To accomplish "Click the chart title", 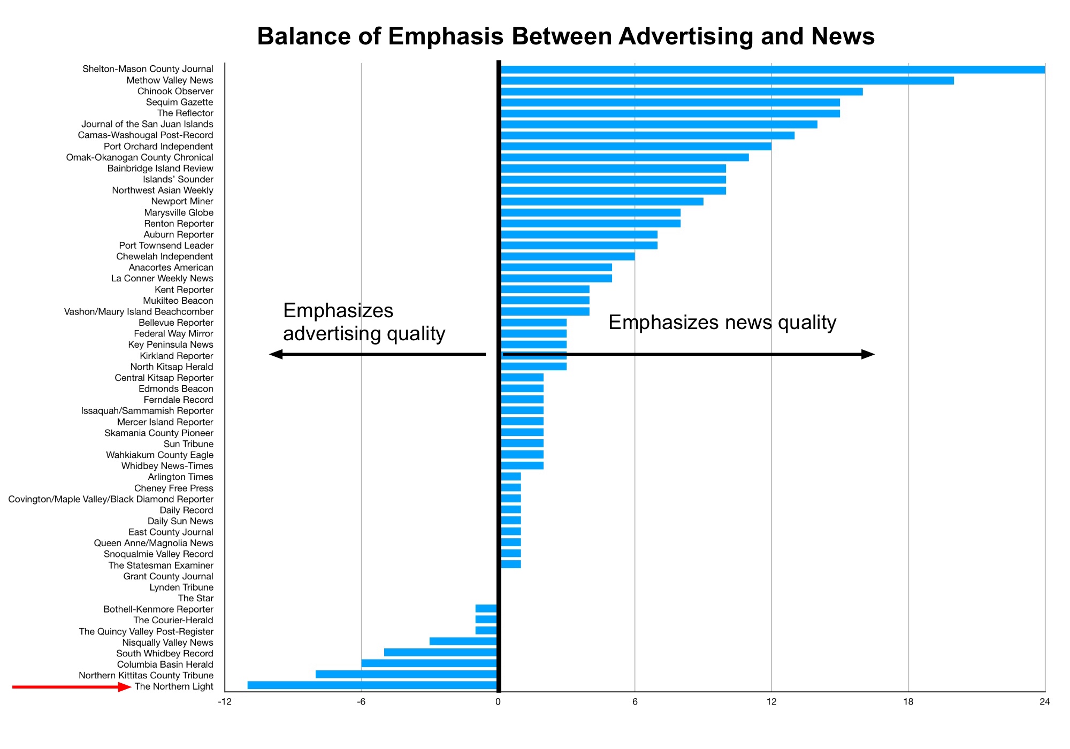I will (x=565, y=36).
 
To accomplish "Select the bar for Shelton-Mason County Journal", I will (x=773, y=70).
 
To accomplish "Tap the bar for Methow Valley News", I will (x=727, y=81).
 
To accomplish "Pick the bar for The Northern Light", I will (x=372, y=685).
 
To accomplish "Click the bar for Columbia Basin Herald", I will (x=430, y=663).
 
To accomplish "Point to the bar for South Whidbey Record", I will (x=441, y=652).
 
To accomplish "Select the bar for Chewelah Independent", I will (x=568, y=256).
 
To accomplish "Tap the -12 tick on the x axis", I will (x=225, y=702).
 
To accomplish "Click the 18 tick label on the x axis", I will (x=908, y=702).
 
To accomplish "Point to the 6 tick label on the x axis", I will (x=635, y=702).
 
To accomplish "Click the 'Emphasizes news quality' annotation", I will (x=722, y=323).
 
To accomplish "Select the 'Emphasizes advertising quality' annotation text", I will (x=364, y=322).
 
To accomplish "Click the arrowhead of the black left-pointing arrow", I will (x=276, y=354).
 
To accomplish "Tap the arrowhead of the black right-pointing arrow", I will (x=868, y=354).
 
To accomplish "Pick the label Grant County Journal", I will (x=168, y=576).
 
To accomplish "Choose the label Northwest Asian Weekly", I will (x=162, y=190).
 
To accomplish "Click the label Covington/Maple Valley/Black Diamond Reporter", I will (x=111, y=499).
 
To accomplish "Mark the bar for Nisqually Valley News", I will (x=463, y=641).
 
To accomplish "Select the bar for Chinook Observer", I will (x=682, y=91).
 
